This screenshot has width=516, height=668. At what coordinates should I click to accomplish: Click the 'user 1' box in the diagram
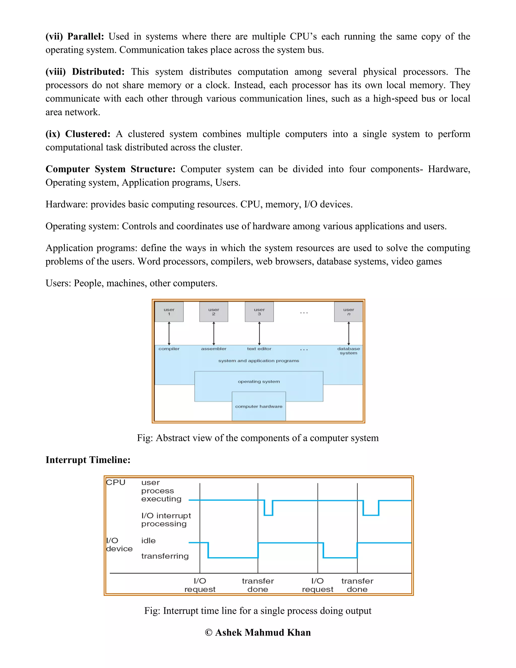pos(169,312)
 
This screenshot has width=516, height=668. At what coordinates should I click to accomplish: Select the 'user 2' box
pos(214,312)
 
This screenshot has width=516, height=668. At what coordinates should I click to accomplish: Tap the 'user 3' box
pos(259,312)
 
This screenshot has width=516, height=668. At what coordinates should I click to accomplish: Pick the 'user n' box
pos(348,312)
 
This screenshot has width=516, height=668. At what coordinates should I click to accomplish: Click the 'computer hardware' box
pos(259,406)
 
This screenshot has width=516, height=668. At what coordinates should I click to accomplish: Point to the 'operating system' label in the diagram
pos(259,381)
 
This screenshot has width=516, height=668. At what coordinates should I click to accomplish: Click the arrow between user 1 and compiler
pos(169,333)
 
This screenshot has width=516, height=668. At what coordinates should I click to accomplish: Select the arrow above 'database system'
pos(348,333)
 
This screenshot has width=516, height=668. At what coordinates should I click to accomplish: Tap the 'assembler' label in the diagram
pos(214,349)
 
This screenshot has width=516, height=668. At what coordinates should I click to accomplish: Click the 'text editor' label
pos(259,349)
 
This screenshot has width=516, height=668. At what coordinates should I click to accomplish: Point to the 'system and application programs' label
pos(259,361)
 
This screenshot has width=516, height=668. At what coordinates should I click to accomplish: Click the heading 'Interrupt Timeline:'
pos(88,460)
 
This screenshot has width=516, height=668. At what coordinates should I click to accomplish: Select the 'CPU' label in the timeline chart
pos(116,482)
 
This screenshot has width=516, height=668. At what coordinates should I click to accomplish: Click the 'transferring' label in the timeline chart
pos(165,556)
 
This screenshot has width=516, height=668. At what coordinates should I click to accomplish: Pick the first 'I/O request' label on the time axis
pos(200,585)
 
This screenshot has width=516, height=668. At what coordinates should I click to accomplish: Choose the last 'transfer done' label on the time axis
pos(357,585)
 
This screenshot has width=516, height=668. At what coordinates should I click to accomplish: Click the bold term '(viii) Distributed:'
pos(85,72)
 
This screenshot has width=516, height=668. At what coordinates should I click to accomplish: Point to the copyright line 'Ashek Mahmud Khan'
pos(258,632)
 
